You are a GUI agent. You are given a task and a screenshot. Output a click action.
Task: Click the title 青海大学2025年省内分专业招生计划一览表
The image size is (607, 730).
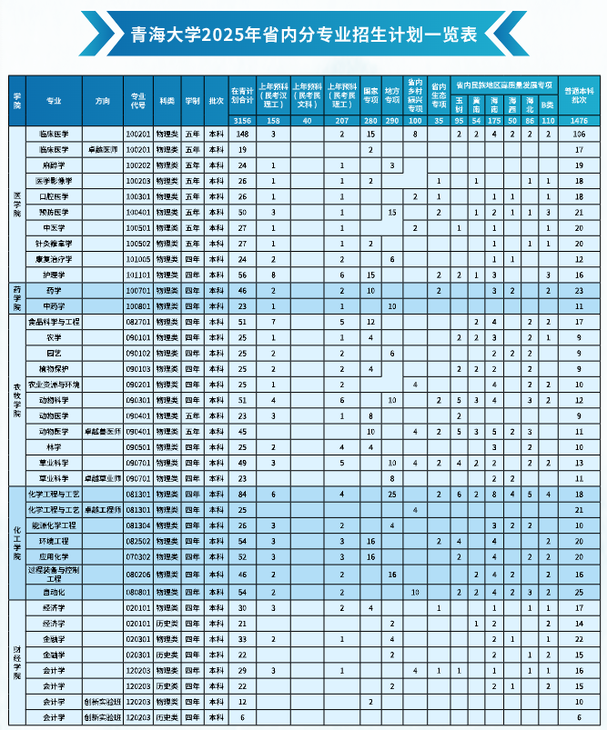304,35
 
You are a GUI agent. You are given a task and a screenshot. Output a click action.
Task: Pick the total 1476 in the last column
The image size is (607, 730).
578,120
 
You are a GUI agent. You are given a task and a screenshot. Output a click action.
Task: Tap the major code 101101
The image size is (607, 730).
137,274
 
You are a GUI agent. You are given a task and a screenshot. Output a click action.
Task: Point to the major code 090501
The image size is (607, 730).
137,446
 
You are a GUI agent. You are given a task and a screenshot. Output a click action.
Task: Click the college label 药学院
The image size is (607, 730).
16,297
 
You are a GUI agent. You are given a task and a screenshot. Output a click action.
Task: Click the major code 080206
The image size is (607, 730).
137,575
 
